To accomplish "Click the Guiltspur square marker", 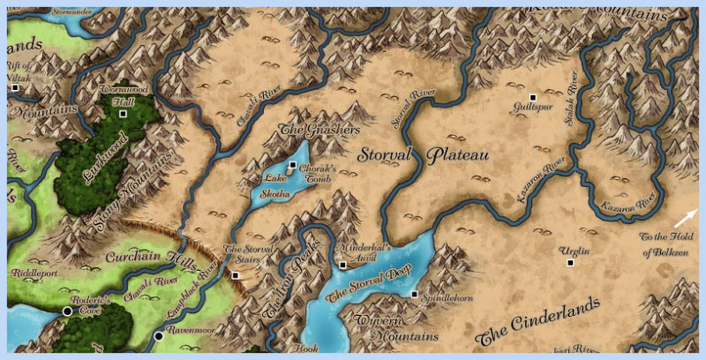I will pyautogui.click(x=532, y=96).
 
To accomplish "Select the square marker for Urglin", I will pyautogui.click(x=570, y=262).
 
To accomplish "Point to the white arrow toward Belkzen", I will pyautogui.click(x=686, y=218).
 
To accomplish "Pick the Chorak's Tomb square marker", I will pyautogui.click(x=292, y=164).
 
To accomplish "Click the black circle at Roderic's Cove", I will pyautogui.click(x=67, y=311).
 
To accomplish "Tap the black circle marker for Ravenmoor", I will pyautogui.click(x=159, y=336).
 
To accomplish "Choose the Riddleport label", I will pyautogui.click(x=33, y=274).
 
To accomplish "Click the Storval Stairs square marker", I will pyautogui.click(x=236, y=275).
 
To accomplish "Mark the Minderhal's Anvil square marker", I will pyautogui.click(x=342, y=265).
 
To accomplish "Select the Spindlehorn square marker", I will pyautogui.click(x=414, y=294).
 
